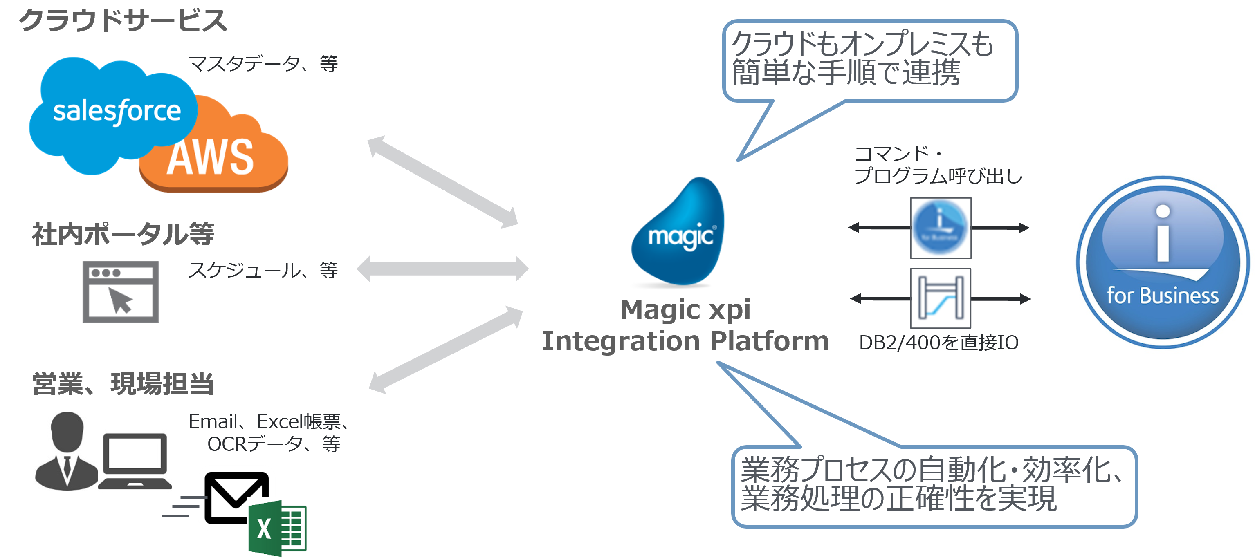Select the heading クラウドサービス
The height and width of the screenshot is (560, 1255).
coord(123,20)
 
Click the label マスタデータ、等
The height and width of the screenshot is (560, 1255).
coord(263,64)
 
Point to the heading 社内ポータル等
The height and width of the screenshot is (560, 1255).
coord(123,234)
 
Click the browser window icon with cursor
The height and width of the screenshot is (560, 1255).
coord(121,292)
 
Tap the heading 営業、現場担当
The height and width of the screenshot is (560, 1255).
coord(123,384)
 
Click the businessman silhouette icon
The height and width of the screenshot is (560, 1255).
coord(67,451)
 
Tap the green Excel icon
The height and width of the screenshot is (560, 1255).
coord(278,529)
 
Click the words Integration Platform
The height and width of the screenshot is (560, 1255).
coord(685,341)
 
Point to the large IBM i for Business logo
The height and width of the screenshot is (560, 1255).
coord(1163,262)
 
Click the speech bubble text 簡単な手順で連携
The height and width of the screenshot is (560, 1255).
coord(846,73)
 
